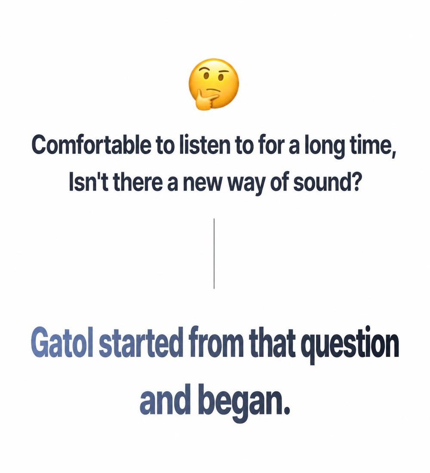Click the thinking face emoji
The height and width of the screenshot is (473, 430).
[x=214, y=84]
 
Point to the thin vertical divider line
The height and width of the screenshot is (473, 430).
[x=214, y=253]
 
